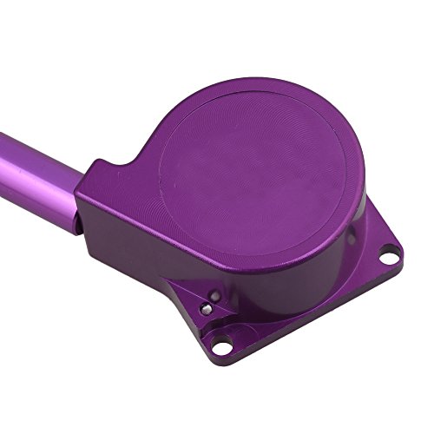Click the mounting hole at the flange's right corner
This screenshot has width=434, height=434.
[392, 254]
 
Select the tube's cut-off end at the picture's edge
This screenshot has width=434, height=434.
[3, 148]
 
